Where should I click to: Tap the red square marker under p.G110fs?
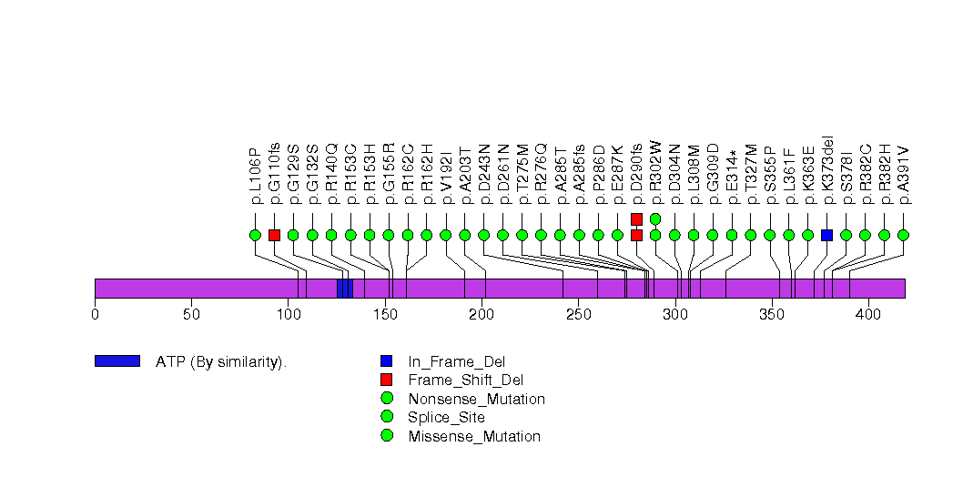click(x=274, y=235)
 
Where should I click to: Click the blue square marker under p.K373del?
click(x=826, y=235)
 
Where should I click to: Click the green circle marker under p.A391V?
click(x=903, y=235)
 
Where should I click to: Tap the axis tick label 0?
click(x=95, y=314)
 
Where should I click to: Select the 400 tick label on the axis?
click(x=867, y=314)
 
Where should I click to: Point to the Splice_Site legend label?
click(x=446, y=417)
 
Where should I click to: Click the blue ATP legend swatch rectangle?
click(x=117, y=361)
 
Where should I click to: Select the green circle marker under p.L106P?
click(x=255, y=235)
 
